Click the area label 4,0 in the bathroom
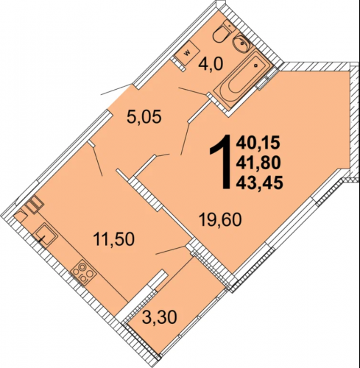click(x=211, y=65)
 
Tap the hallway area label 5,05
click(x=144, y=117)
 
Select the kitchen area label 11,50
click(x=114, y=239)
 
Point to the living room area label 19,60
click(x=220, y=220)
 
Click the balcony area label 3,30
click(x=160, y=317)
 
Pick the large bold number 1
click(x=220, y=162)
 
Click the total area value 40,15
click(x=258, y=143)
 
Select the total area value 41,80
click(x=258, y=163)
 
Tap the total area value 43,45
click(x=260, y=183)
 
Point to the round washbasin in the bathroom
click(x=241, y=44)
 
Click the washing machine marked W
click(x=188, y=52)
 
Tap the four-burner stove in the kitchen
click(x=83, y=273)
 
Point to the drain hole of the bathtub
click(x=256, y=66)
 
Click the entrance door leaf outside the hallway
click(x=116, y=90)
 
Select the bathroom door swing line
click(x=193, y=91)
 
